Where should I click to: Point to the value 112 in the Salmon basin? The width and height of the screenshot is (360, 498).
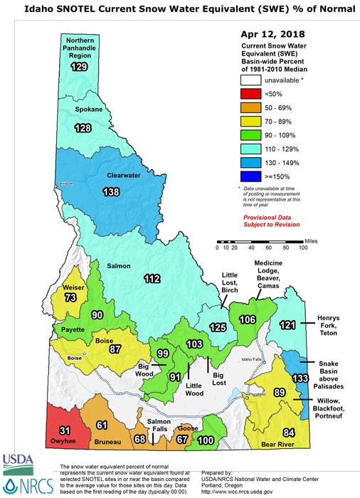point(152,277)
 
